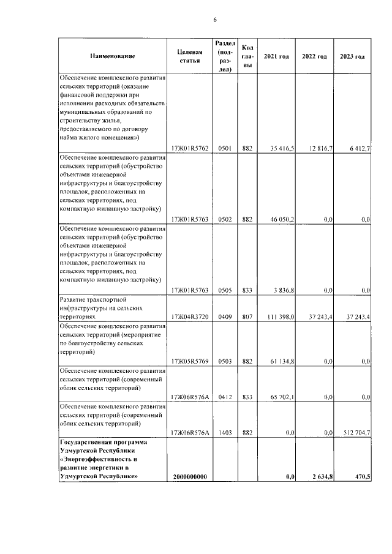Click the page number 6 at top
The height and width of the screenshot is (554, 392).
tap(215, 20)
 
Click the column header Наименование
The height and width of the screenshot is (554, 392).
tap(112, 57)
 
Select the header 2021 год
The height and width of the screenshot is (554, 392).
tap(276, 57)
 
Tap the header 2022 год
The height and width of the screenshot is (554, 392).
tap(314, 57)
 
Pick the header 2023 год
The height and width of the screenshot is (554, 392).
tap(353, 57)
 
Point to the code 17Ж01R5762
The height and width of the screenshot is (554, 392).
tap(190, 149)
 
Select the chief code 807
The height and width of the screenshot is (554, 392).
tap(247, 318)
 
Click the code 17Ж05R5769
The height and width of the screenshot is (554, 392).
tap(190, 362)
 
